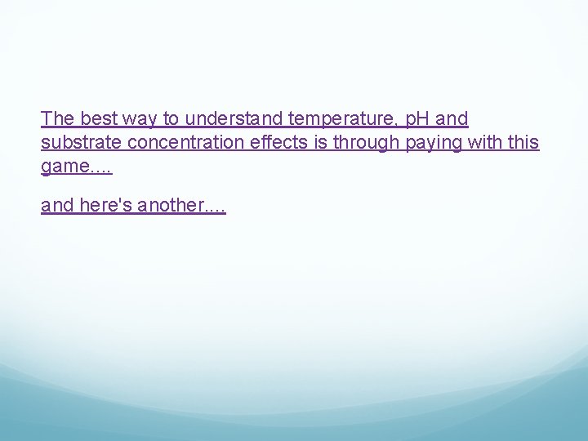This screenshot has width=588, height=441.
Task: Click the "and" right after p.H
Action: click(x=452, y=118)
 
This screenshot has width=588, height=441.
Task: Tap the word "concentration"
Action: click(x=185, y=142)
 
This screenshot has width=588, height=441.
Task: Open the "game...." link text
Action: click(x=76, y=167)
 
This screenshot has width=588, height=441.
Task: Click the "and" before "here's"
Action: click(x=57, y=205)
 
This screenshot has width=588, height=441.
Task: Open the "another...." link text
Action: click(x=181, y=205)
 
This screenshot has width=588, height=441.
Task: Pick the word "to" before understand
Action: click(x=171, y=118)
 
